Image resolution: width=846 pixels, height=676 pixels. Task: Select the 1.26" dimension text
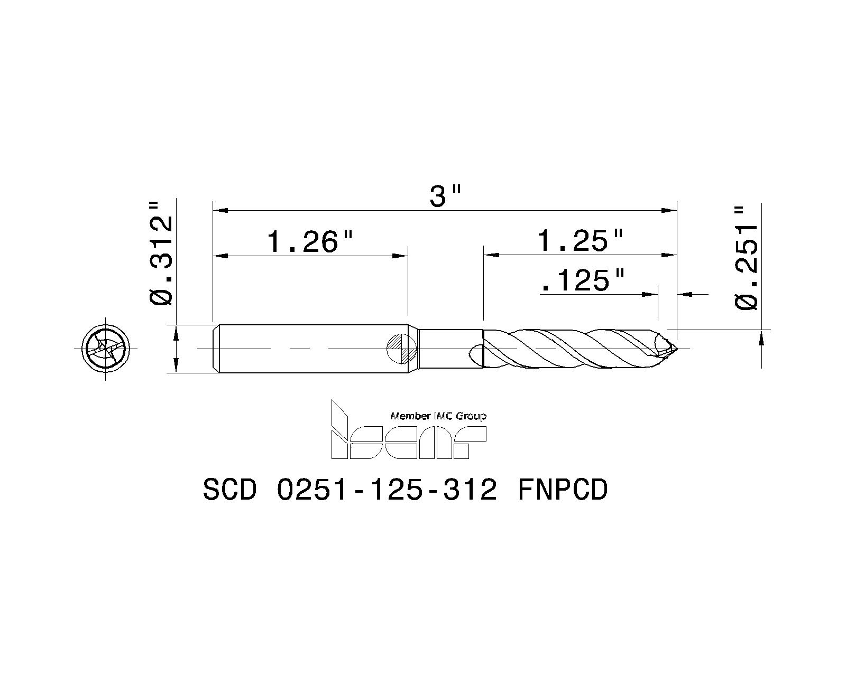click(x=309, y=242)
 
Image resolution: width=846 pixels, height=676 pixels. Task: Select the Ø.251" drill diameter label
click(x=747, y=258)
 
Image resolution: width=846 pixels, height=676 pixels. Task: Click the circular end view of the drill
click(x=106, y=349)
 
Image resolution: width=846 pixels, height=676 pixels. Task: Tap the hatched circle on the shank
click(x=402, y=349)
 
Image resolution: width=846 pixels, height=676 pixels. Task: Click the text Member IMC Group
click(x=438, y=416)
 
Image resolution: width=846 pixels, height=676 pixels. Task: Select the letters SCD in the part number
click(x=229, y=490)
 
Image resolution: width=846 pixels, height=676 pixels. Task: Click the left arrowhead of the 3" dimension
click(x=219, y=210)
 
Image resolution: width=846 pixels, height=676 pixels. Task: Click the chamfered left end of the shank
click(x=216, y=349)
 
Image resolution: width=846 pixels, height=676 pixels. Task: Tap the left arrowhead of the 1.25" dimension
click(x=491, y=256)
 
